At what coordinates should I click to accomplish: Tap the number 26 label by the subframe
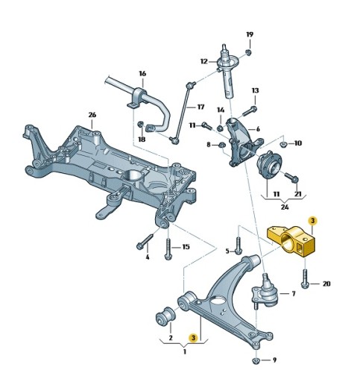point(92,115)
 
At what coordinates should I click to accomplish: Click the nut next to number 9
point(256,361)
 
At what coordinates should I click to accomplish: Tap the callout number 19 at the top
point(250,34)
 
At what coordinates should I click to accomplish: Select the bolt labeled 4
point(143,243)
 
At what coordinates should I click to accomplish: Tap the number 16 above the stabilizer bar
point(142,74)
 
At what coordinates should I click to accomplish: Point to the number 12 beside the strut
point(203,61)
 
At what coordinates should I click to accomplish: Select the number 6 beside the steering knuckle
point(258,128)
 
